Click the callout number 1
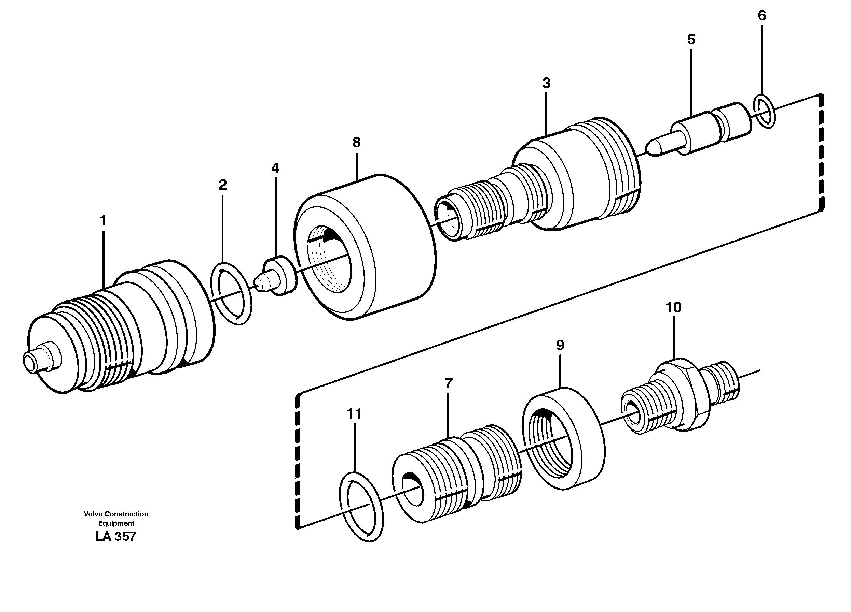point(103,221)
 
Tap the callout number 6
point(762,15)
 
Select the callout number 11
point(354,414)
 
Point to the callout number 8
point(356,142)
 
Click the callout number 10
point(673,307)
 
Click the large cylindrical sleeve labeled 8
point(366,247)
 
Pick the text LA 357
point(115,536)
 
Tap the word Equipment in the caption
point(116,523)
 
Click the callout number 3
point(546,83)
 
